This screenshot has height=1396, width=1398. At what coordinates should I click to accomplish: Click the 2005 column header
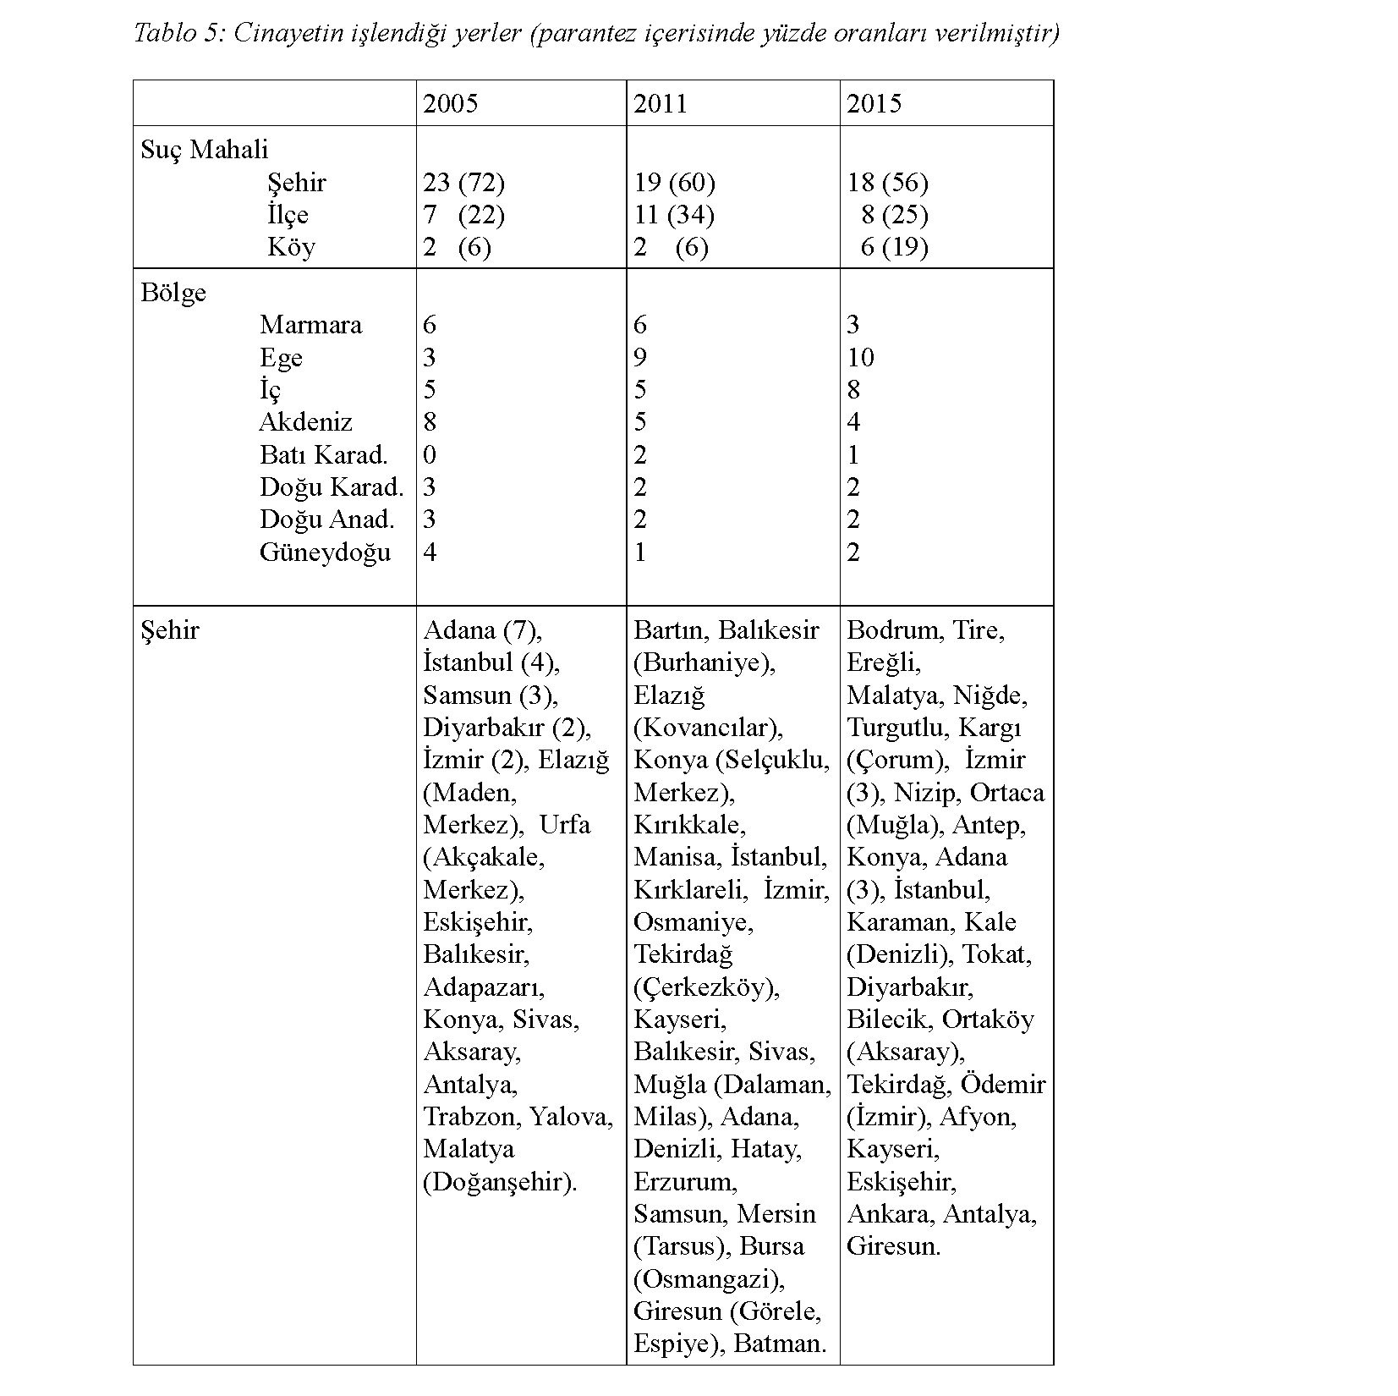click(x=450, y=104)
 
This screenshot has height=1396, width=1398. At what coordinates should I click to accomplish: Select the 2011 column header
click(x=661, y=104)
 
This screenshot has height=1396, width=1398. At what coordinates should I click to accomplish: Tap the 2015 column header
click(x=874, y=104)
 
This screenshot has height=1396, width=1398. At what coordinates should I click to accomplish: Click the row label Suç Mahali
click(x=204, y=150)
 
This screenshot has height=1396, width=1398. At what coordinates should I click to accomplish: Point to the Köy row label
click(x=291, y=247)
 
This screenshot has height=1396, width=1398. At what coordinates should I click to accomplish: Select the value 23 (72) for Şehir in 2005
click(x=463, y=183)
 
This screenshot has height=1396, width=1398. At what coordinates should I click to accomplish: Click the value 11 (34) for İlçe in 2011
click(x=674, y=215)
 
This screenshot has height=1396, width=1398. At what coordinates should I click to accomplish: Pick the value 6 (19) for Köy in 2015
click(x=894, y=247)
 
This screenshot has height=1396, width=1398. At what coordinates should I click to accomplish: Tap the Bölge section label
click(x=173, y=293)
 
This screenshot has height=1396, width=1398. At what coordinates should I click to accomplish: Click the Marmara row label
click(x=310, y=325)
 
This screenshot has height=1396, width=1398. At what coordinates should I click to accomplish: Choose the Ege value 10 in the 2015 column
click(x=860, y=357)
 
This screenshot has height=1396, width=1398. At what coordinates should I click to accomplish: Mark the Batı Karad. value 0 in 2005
click(x=430, y=455)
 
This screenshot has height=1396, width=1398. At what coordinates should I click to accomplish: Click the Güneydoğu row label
click(x=325, y=552)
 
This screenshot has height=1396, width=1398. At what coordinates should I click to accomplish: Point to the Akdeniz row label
click(x=305, y=422)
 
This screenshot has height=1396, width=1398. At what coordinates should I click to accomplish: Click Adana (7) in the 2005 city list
click(x=482, y=630)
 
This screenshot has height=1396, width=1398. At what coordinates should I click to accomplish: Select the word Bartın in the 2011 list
click(x=672, y=630)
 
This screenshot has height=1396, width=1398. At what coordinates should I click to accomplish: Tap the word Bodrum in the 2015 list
click(x=896, y=630)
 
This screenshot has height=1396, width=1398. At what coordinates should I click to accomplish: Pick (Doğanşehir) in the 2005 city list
click(x=499, y=1182)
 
